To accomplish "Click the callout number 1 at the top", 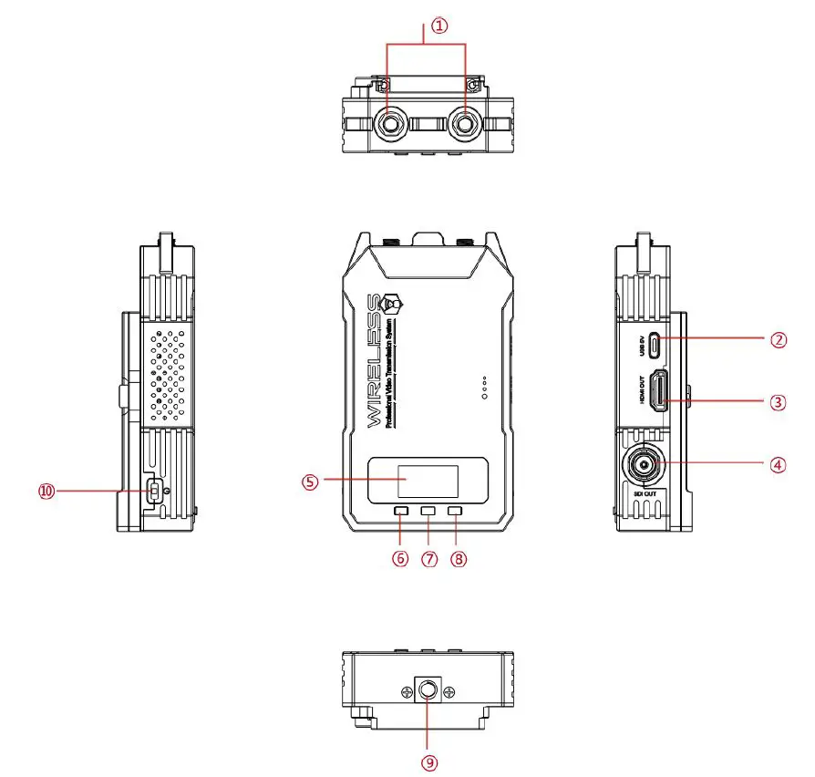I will [x=440, y=26].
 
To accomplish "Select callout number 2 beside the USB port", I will [x=777, y=340].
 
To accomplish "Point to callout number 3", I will [x=777, y=401].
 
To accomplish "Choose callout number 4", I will [x=777, y=464].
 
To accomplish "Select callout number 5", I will [x=310, y=482].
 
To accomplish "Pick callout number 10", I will [x=46, y=491].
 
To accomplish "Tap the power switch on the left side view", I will [x=155, y=492].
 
